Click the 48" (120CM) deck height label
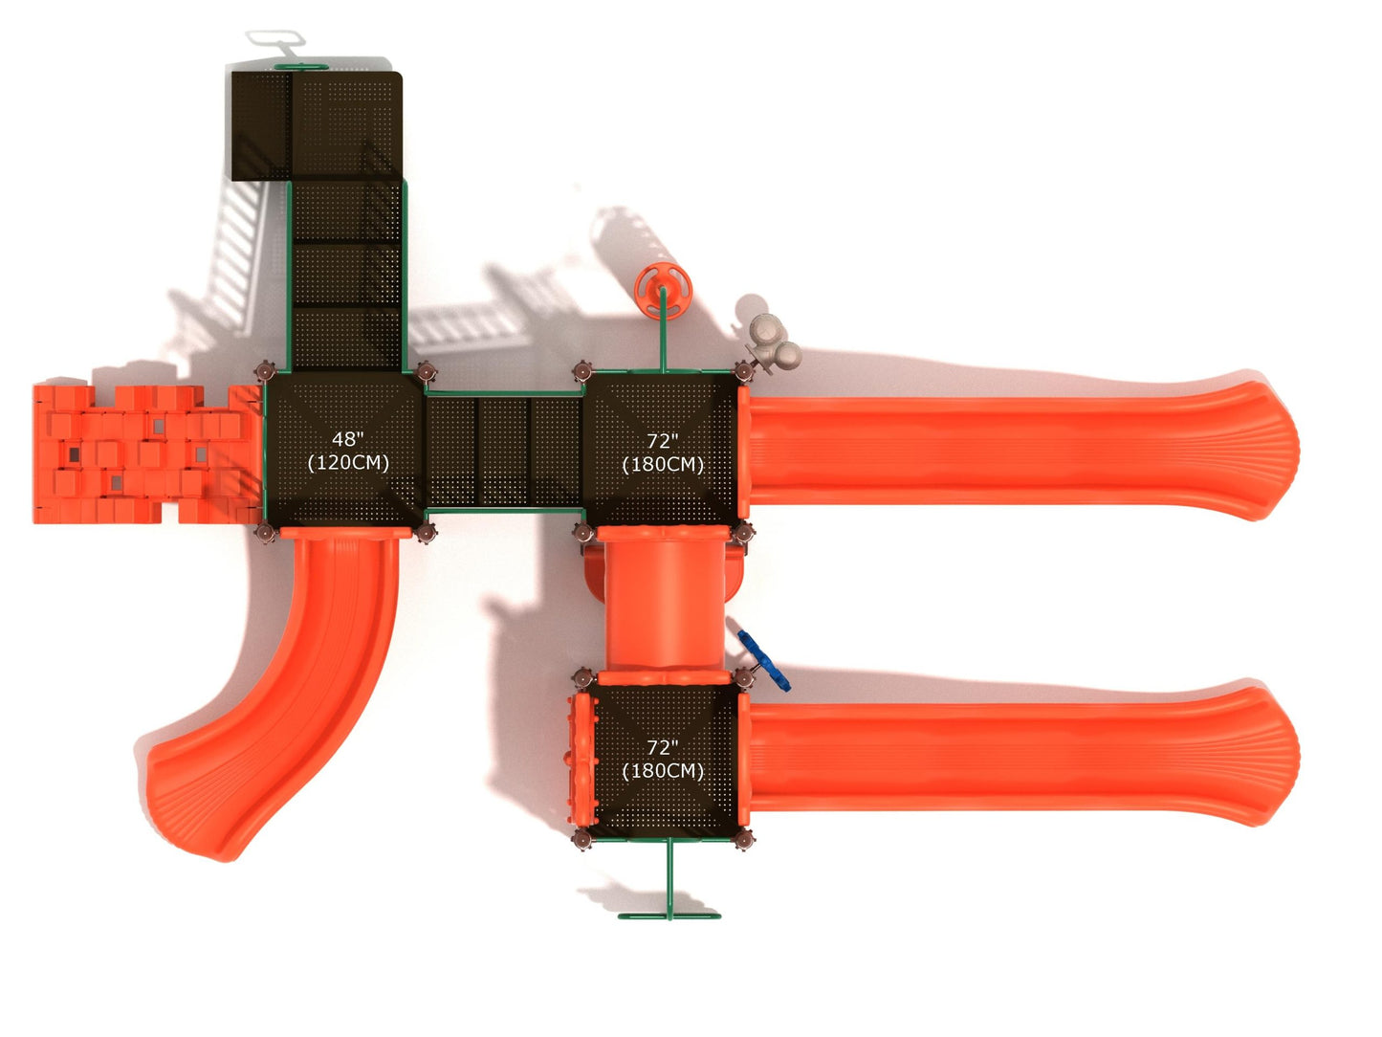[347, 451]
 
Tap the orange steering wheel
[663, 292]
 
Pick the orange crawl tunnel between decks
[663, 604]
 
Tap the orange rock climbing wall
[146, 454]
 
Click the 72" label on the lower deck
[663, 747]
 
